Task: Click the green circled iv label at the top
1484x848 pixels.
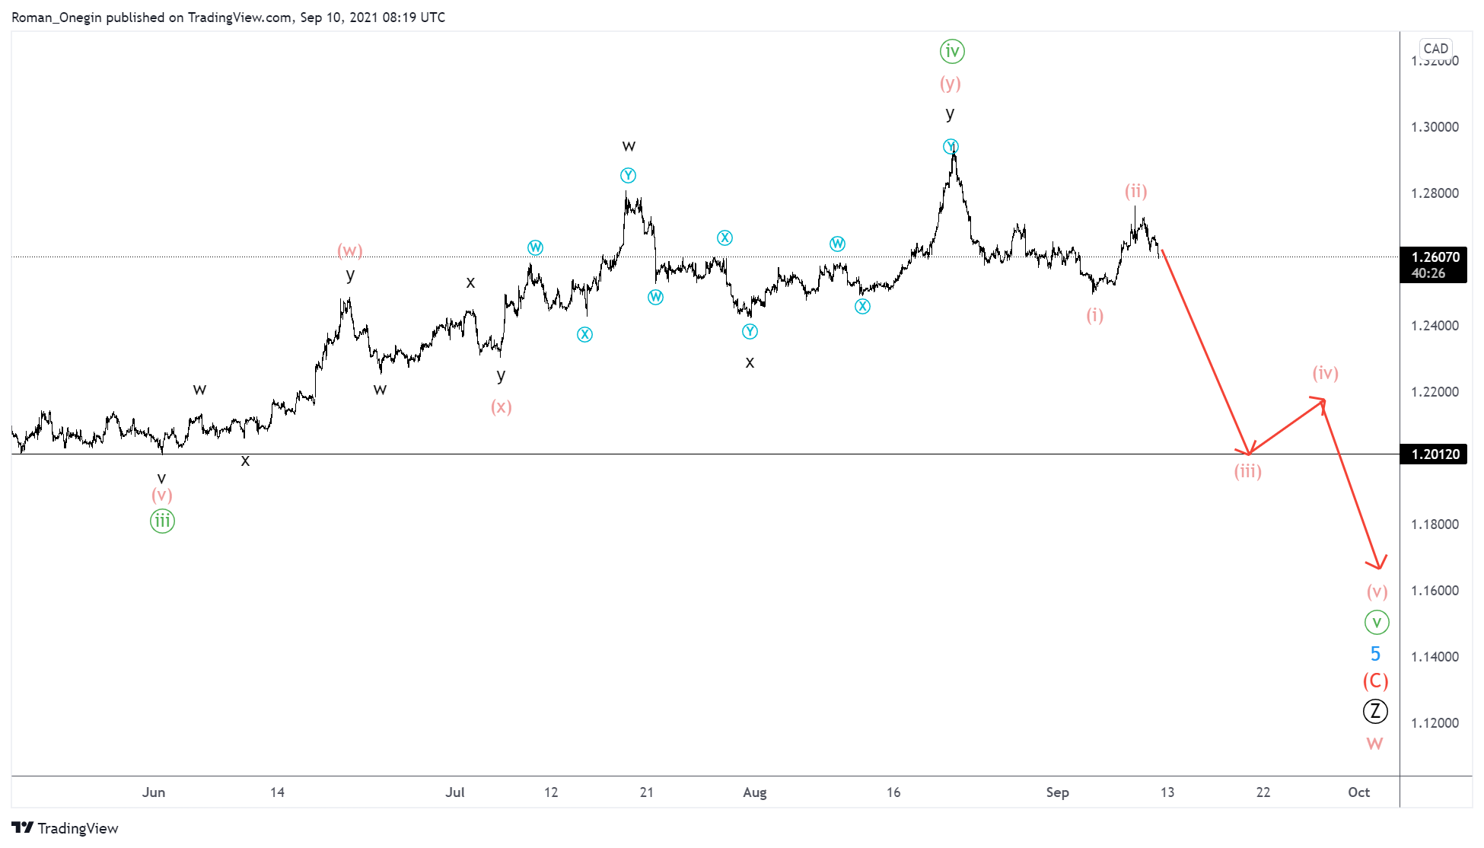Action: click(x=951, y=52)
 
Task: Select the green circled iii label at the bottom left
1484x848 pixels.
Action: click(x=162, y=521)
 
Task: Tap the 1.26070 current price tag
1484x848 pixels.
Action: click(x=1435, y=257)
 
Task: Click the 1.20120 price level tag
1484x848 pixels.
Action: click(x=1435, y=454)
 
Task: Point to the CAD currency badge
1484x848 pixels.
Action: click(x=1435, y=49)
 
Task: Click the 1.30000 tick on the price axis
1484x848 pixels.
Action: click(x=1435, y=127)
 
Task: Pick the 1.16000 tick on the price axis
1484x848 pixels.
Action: click(x=1435, y=591)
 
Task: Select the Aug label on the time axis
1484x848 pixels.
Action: click(x=754, y=792)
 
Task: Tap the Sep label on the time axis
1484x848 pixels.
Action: click(x=1057, y=792)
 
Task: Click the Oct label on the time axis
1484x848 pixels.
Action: click(x=1358, y=792)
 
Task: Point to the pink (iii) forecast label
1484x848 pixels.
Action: click(x=1247, y=472)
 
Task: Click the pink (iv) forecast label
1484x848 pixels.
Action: click(x=1325, y=373)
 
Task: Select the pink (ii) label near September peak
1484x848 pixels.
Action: click(x=1135, y=192)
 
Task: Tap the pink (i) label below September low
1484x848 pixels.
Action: click(x=1094, y=315)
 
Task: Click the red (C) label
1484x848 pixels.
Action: click(x=1375, y=681)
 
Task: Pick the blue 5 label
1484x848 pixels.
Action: click(x=1375, y=654)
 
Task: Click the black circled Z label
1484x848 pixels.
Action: click(x=1375, y=711)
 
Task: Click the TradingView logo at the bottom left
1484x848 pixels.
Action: click(x=65, y=828)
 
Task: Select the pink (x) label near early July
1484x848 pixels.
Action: click(x=501, y=407)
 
